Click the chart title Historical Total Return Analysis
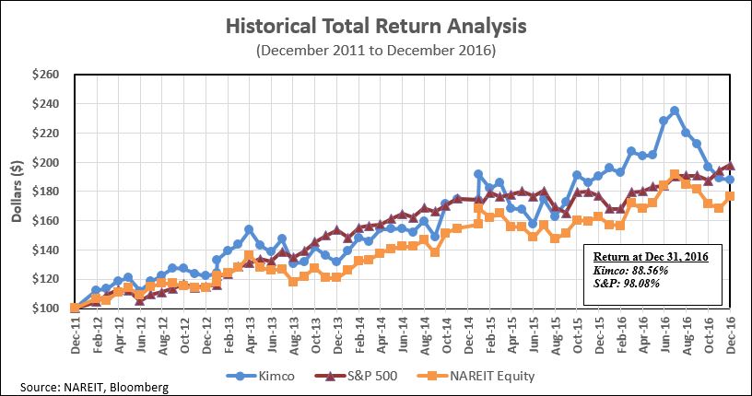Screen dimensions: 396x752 376,26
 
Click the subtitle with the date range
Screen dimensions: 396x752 376,50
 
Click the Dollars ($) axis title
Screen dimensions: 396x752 16,192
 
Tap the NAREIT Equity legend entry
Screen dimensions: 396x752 479,376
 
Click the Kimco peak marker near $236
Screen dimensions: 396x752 675,111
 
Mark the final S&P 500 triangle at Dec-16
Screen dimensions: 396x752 730,166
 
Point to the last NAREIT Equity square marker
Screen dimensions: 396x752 730,196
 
